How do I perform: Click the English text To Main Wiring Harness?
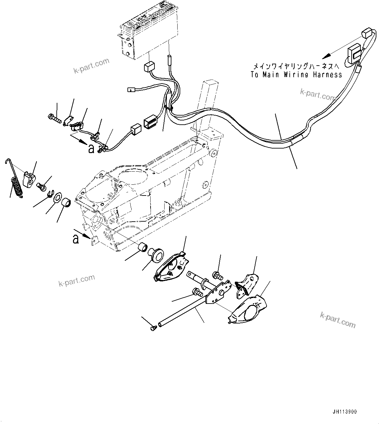click(x=296, y=75)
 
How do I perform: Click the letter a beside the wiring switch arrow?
click(x=91, y=149)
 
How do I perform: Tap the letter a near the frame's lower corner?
click(x=76, y=240)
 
